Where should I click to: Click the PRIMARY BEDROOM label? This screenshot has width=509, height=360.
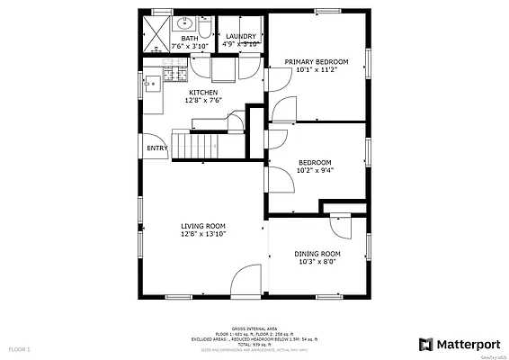click(x=316, y=62)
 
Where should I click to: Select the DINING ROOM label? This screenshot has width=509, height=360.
click(x=317, y=254)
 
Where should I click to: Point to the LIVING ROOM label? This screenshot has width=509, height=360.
click(x=202, y=225)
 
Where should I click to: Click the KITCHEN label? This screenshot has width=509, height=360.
click(x=201, y=92)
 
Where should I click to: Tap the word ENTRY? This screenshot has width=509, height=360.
click(x=156, y=148)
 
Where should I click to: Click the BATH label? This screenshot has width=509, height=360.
click(x=189, y=39)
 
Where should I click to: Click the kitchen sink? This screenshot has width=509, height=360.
click(x=153, y=85)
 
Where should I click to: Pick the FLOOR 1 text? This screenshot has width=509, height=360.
click(x=20, y=347)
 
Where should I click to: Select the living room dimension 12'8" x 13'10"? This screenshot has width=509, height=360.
click(x=202, y=234)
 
